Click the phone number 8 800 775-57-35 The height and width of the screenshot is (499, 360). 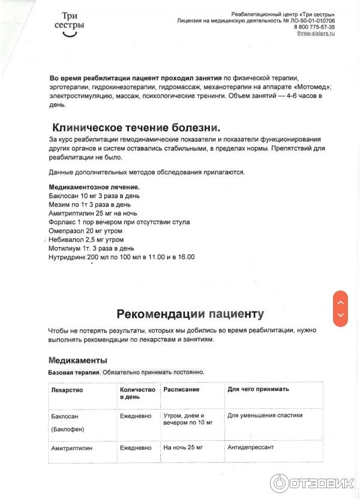click(314, 27)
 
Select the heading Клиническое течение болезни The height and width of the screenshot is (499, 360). click(136, 128)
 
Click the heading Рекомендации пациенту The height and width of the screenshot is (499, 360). click(190, 314)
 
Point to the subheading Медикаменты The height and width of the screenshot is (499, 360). click(77, 360)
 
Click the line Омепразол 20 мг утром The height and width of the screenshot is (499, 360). click(85, 231)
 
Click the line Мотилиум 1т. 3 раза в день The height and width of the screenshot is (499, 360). click(92, 248)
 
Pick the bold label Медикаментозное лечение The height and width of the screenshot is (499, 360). click(94, 187)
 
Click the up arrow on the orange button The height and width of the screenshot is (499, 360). click(340, 302)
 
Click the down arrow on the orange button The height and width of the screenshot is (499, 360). click(340, 315)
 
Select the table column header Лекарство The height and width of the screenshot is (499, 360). click(67, 389)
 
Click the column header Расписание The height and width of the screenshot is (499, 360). click(181, 389)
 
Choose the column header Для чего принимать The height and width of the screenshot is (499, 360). click(258, 389)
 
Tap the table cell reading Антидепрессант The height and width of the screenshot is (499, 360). click(250, 447)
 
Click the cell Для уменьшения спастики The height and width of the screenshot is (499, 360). click(265, 415)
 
